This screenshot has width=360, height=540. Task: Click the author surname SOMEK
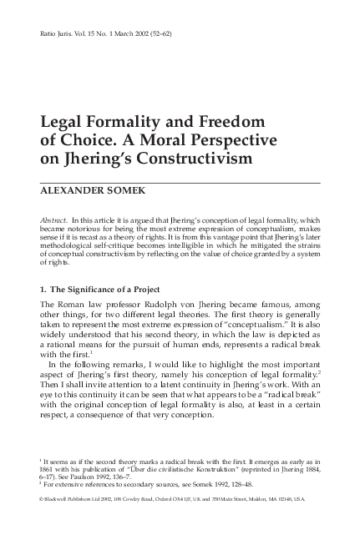click(119, 188)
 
